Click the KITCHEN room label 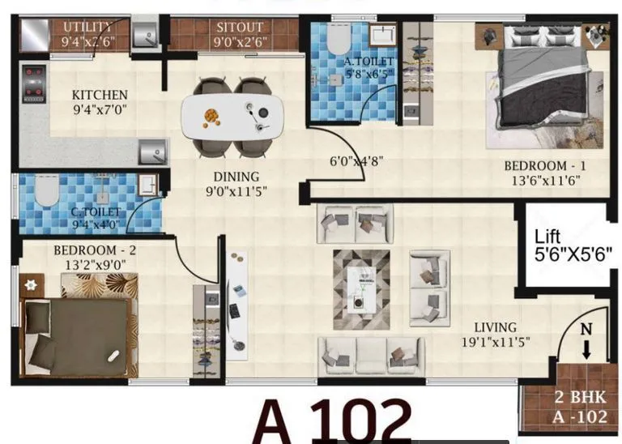tap(99, 94)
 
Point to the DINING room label tap(236, 177)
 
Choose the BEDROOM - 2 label tap(95, 250)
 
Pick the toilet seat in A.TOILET tap(339, 39)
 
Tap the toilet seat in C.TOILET tap(46, 192)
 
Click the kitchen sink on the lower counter tap(151, 152)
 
